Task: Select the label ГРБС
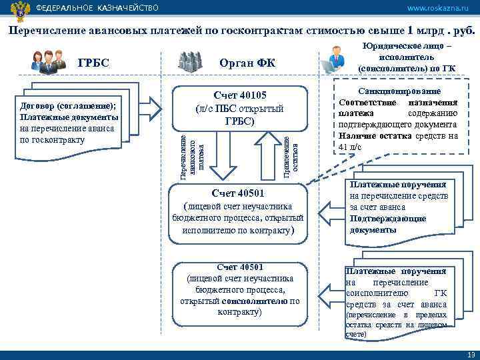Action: (93, 63)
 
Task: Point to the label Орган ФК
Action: (247, 63)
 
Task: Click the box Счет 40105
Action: (239, 109)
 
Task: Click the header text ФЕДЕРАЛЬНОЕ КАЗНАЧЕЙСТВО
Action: (97, 8)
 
